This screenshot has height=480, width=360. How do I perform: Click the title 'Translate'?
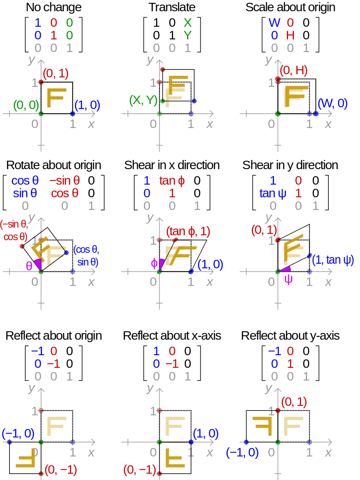172,7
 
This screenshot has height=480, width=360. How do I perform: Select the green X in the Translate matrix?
188,23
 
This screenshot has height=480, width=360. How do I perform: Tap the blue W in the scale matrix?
275,23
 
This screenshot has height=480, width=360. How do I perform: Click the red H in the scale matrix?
290,35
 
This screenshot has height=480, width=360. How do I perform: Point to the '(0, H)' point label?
294,70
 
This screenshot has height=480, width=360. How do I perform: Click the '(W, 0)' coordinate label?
333,103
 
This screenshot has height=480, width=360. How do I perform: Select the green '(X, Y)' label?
143,100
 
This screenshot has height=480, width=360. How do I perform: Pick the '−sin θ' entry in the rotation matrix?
65,180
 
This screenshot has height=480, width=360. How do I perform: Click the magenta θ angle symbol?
29,266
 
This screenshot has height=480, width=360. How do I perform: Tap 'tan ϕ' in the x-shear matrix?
172,180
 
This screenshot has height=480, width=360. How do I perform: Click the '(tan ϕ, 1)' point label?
188,231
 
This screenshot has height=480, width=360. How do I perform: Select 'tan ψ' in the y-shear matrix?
273,193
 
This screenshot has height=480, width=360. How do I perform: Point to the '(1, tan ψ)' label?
333,260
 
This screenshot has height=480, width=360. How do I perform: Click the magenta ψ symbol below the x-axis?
288,280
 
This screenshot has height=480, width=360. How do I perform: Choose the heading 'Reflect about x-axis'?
172,336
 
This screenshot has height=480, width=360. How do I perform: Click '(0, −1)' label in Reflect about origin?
61,469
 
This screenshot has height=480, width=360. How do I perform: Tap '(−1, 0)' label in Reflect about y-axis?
242,453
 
